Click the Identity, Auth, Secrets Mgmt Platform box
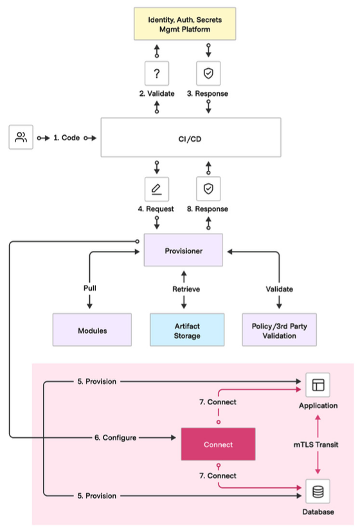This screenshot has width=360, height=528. click(184, 24)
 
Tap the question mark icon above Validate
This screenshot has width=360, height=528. click(157, 73)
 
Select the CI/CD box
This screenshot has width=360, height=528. click(191, 138)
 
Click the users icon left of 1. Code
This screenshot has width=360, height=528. click(21, 137)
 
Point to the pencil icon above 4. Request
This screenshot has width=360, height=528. click(157, 189)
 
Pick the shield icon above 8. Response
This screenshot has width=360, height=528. click(208, 189)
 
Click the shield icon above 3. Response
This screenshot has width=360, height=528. click(208, 73)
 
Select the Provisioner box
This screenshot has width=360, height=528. click(183, 250)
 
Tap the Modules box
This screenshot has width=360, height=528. click(92, 330)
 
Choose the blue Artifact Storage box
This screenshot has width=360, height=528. click(187, 330)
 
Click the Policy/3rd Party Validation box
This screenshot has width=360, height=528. click(279, 330)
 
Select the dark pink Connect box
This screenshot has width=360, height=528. click(219, 444)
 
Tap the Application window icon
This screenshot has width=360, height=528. click(318, 385)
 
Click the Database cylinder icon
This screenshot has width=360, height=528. click(318, 491)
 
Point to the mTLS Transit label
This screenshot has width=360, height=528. click(316, 444)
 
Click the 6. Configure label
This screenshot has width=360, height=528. click(116, 437)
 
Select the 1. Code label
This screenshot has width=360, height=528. click(67, 138)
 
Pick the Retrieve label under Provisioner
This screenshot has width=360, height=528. click(186, 289)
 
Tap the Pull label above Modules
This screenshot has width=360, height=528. click(90, 288)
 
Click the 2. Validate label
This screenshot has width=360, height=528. click(157, 94)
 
